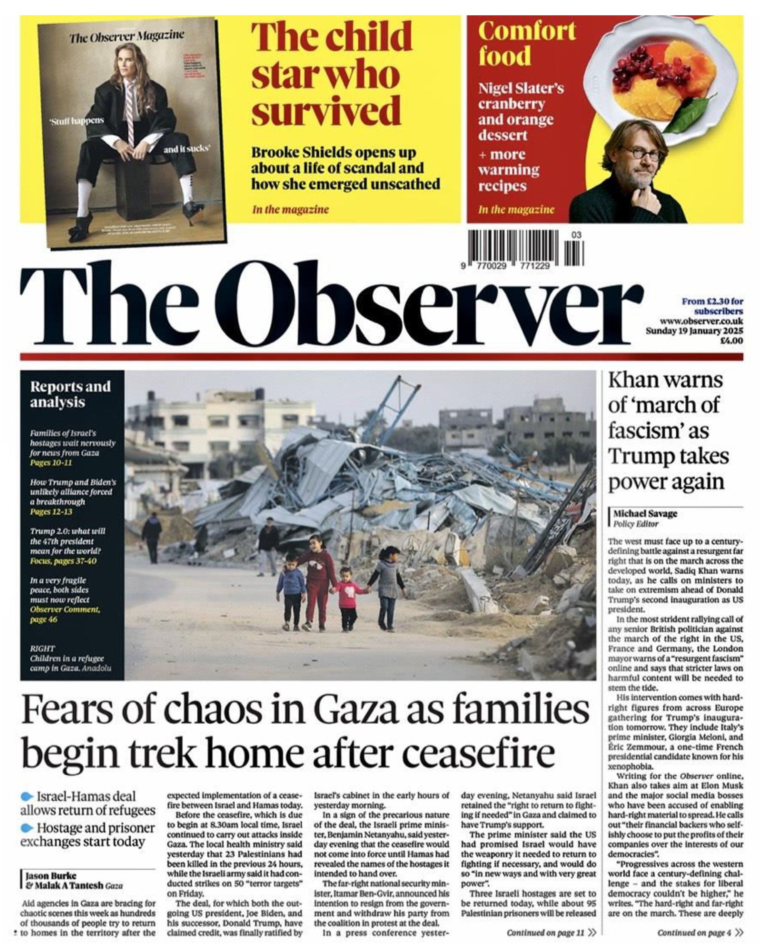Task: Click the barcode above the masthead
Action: point(525,248)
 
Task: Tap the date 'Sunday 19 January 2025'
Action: point(694,331)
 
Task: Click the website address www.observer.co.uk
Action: point(701,321)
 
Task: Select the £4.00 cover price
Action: point(731,340)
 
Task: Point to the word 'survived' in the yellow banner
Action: point(326,111)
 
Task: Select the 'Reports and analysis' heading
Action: point(70,394)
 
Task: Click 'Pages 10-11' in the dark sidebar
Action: point(51,463)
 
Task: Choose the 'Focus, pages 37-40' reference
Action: point(63,561)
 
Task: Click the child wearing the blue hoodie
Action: point(291,591)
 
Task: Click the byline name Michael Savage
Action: point(645,514)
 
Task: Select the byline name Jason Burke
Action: point(51,875)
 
